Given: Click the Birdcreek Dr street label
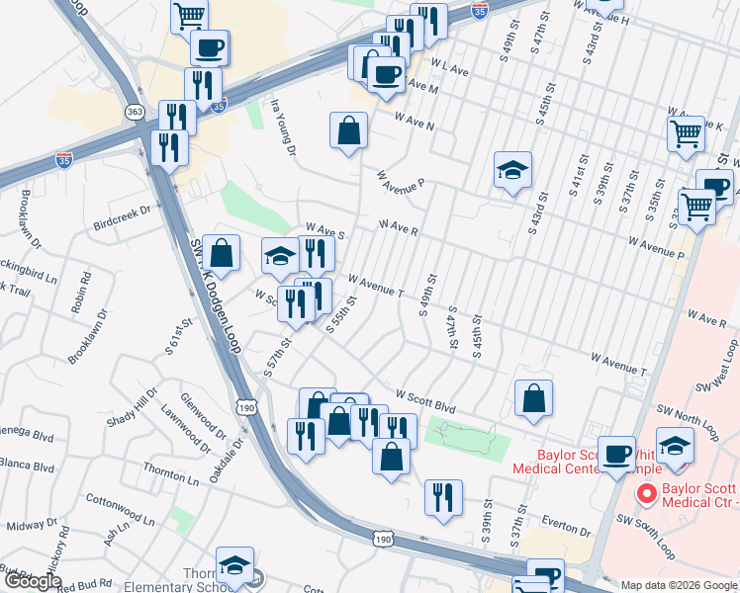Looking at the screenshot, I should pos(124,210).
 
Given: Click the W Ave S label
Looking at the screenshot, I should pos(325,232).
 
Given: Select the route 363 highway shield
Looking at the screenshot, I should pos(136,112).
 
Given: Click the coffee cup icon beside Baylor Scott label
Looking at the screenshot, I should pos(618,454).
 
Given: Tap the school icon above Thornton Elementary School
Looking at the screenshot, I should pos(234,565).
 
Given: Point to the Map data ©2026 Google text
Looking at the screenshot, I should pos(679,585).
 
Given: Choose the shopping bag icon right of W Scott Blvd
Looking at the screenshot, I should pos(533,398).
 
